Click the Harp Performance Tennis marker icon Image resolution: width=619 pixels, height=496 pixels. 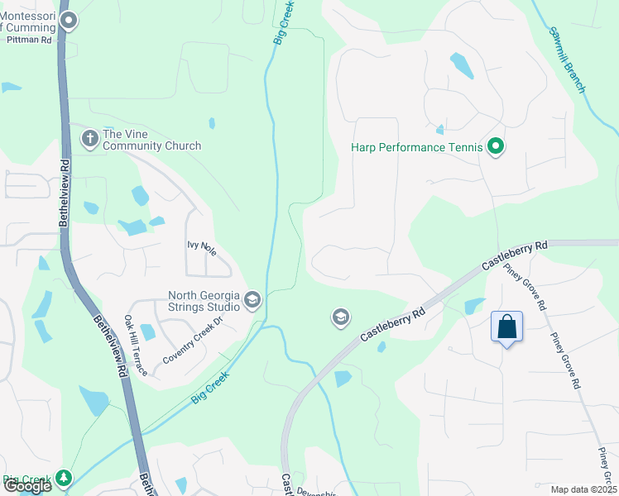tap(496, 148)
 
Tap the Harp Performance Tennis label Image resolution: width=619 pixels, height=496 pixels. tap(416, 148)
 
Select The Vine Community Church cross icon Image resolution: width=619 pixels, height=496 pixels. tap(90, 138)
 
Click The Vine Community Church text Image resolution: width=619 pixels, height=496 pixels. tap(151, 140)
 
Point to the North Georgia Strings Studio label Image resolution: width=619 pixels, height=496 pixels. tap(204, 301)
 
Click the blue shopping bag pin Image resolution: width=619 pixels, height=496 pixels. tap(506, 327)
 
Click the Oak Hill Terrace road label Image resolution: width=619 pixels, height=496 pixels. tap(135, 345)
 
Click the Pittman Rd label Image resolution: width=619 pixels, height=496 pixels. tap(30, 39)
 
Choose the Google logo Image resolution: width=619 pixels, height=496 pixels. tap(27, 485)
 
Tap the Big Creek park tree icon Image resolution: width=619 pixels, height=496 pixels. tap(63, 478)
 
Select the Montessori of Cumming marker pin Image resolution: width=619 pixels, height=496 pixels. tap(70, 21)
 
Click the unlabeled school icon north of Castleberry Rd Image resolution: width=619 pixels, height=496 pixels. tap(340, 317)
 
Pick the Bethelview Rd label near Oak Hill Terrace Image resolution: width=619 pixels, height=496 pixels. tap(108, 347)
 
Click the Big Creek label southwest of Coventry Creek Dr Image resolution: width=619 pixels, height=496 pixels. tap(209, 387)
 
